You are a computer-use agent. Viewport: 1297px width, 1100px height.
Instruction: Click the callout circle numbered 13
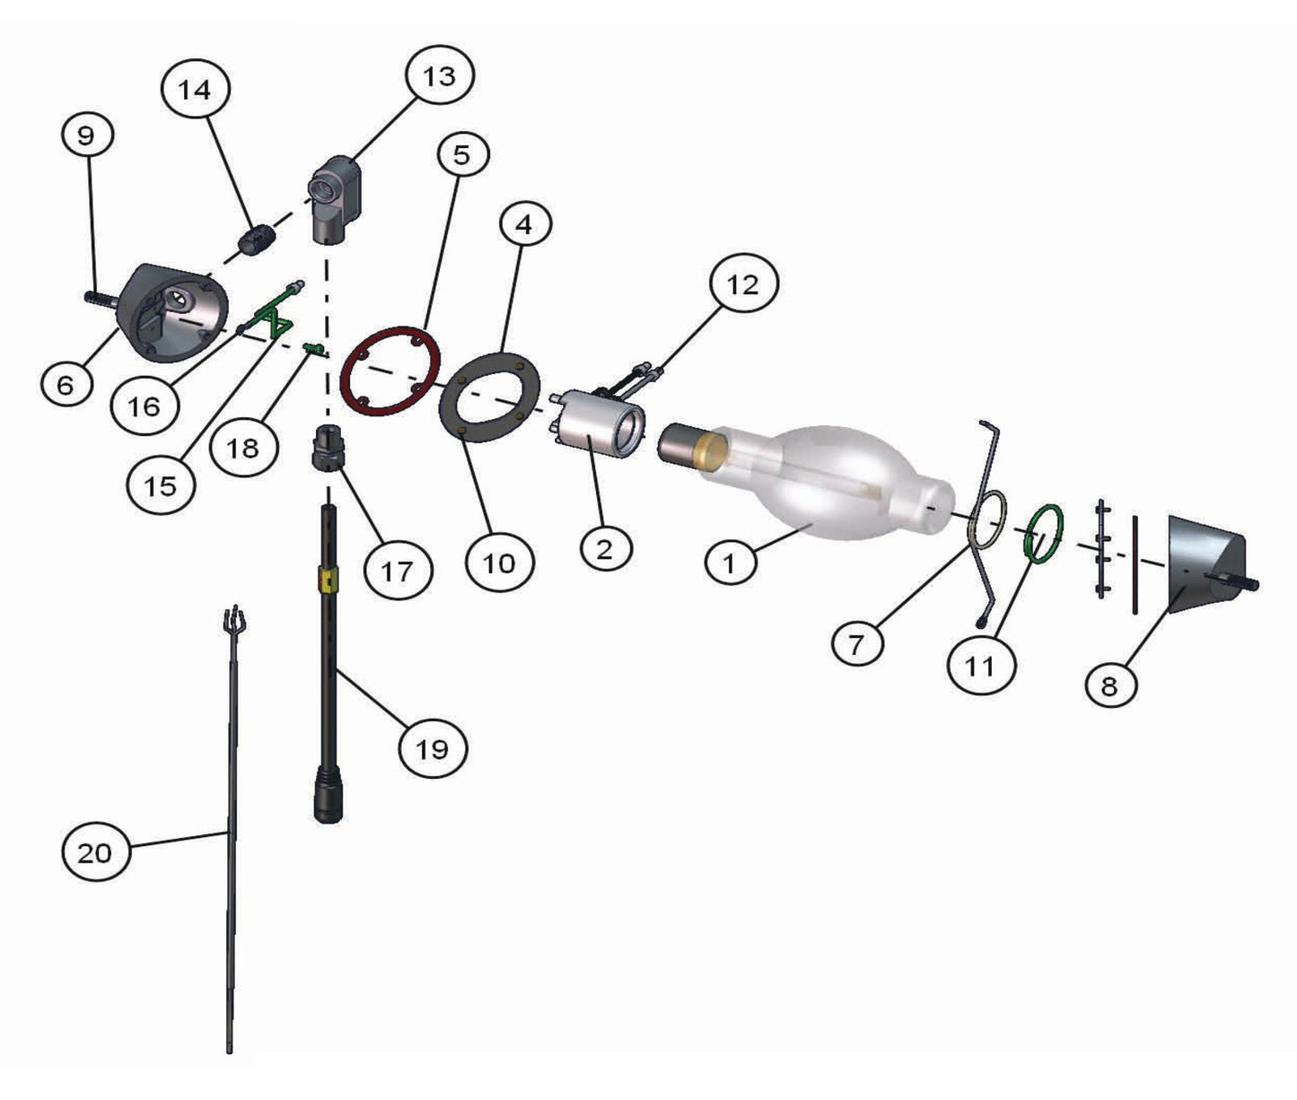(439, 76)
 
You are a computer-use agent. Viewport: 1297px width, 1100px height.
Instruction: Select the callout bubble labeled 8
(1110, 685)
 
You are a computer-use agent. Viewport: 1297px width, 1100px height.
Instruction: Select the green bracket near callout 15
(276, 311)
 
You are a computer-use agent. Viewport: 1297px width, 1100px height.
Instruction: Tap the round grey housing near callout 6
(172, 313)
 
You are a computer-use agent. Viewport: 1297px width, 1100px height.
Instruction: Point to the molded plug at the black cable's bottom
(329, 792)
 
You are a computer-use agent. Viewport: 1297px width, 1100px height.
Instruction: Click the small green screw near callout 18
(314, 349)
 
